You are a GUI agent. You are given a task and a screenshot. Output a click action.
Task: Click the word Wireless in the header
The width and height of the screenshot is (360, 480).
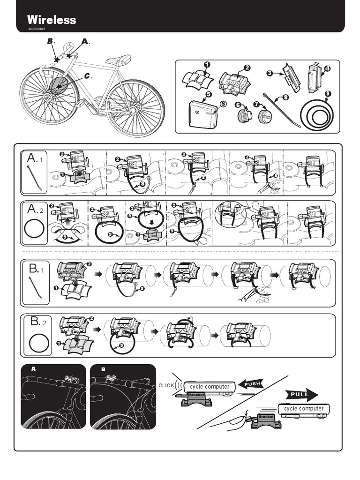pos(52,20)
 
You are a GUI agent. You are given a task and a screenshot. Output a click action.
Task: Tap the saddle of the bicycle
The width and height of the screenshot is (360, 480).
pos(119,60)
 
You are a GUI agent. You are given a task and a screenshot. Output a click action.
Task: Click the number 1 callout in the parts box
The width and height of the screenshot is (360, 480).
pos(207,65)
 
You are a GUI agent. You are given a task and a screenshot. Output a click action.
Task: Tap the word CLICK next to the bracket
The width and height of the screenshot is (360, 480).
pos(166,385)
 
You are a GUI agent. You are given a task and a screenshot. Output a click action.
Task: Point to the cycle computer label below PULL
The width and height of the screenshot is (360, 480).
pos(304,408)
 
